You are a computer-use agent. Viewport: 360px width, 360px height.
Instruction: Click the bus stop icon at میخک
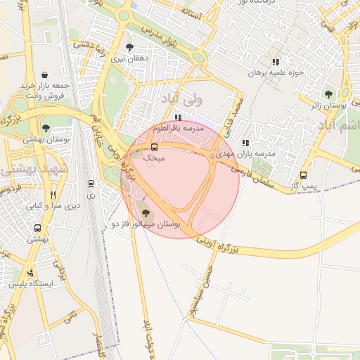point(154,147)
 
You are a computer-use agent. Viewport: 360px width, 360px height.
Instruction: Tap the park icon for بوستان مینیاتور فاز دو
point(146,210)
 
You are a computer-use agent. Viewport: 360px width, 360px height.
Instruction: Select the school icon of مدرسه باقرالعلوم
point(179,117)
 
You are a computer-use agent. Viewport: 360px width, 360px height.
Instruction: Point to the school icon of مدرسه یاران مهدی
point(245,143)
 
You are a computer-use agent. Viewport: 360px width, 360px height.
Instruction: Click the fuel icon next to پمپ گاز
point(303,175)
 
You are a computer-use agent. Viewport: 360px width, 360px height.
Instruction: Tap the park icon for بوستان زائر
point(328,94)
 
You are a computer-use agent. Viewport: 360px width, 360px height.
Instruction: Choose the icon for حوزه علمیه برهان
point(285,62)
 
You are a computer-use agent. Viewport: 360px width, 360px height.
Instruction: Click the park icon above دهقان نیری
point(129,48)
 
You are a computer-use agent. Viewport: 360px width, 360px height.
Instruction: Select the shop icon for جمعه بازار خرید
point(46,74)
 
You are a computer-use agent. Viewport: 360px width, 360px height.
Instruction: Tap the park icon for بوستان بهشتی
point(46,129)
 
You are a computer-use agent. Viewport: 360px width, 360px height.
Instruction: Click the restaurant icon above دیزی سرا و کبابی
point(53,195)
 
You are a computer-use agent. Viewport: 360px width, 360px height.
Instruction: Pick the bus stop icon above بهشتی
point(37,228)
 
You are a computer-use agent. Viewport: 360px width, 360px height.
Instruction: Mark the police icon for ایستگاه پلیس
point(30,273)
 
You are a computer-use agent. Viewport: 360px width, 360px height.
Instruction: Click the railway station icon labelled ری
point(90,184)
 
